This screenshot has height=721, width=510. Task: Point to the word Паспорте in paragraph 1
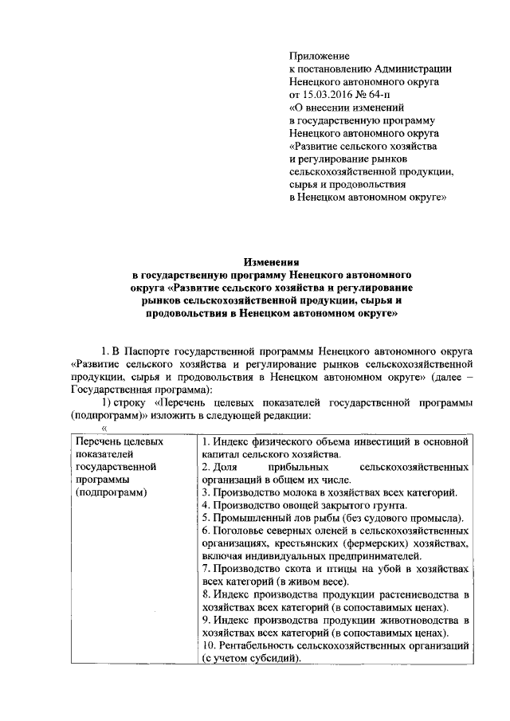point(159,350)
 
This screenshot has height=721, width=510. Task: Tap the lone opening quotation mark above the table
point(104,429)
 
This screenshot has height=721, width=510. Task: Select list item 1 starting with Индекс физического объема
point(332,441)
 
